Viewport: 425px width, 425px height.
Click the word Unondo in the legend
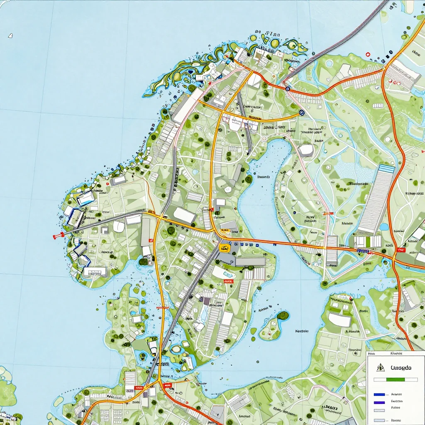point(401,368)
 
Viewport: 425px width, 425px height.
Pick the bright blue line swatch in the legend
point(379,394)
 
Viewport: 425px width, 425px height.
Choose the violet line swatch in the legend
point(379,402)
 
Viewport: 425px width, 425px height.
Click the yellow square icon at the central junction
point(224,248)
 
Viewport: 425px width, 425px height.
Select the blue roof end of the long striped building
point(387,169)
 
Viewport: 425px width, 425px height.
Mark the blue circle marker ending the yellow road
point(301,112)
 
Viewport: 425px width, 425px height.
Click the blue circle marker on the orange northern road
point(287,88)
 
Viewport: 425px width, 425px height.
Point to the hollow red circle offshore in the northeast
point(367,54)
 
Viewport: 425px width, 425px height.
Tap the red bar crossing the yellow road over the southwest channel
point(163,308)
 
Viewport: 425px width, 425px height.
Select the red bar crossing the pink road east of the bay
point(328,213)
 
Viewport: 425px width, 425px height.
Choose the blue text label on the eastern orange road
point(363,251)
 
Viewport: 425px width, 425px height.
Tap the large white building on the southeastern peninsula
point(340,320)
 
